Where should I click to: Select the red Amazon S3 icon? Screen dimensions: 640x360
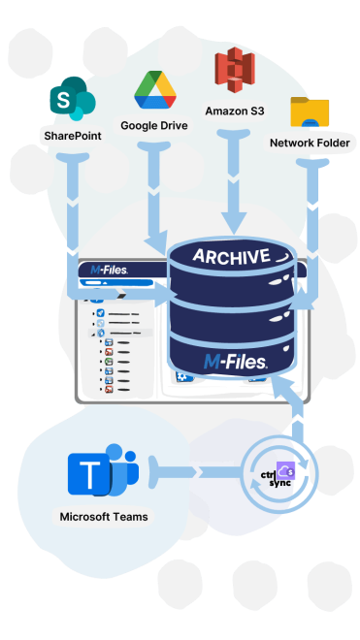(x=234, y=71)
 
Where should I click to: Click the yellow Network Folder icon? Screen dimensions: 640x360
(x=311, y=112)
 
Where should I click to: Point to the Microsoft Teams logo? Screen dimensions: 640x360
(x=102, y=473)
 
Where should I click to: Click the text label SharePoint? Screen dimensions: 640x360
(x=72, y=136)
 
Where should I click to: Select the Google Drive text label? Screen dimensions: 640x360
(x=154, y=126)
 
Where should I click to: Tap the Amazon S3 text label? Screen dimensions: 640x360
(x=234, y=111)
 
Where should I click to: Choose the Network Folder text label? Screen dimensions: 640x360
(x=311, y=144)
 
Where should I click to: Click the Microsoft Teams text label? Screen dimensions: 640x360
(x=104, y=517)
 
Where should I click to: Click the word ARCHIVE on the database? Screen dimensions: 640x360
(x=230, y=256)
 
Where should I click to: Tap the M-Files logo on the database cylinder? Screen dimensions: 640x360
(x=236, y=361)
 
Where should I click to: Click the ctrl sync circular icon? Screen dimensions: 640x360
(x=279, y=474)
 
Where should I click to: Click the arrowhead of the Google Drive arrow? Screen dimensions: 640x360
(x=155, y=239)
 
